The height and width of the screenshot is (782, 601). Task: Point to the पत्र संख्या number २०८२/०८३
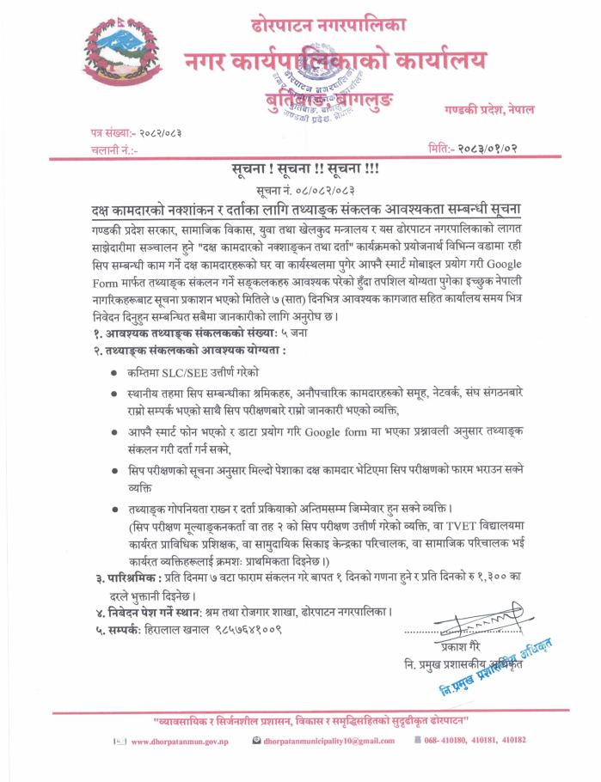pyautogui.click(x=160, y=132)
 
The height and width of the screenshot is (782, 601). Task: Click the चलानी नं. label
pyautogui.click(x=113, y=150)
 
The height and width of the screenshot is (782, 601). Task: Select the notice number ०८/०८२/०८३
pyautogui.click(x=322, y=188)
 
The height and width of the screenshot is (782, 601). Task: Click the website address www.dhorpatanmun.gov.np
pyautogui.click(x=172, y=740)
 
